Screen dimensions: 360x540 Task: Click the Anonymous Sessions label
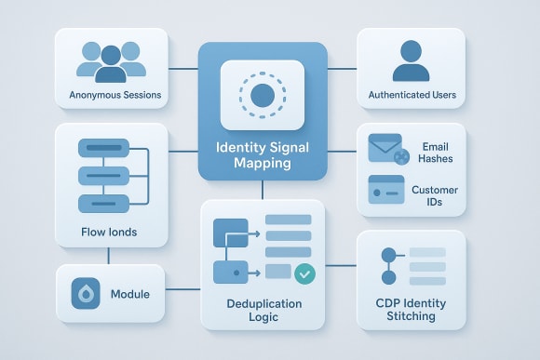(115, 95)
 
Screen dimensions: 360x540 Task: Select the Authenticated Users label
(412, 95)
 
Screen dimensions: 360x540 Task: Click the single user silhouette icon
(411, 60)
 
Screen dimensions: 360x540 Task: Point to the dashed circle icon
(263, 95)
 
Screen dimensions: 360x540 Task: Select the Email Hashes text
(435, 153)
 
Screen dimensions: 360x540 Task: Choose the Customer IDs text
(435, 194)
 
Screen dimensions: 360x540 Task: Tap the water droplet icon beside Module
(86, 294)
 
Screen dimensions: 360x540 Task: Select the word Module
(130, 294)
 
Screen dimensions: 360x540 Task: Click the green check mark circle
(304, 273)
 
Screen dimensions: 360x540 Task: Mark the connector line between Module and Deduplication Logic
(183, 289)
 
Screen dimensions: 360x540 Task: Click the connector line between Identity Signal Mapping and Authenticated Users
(343, 67)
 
